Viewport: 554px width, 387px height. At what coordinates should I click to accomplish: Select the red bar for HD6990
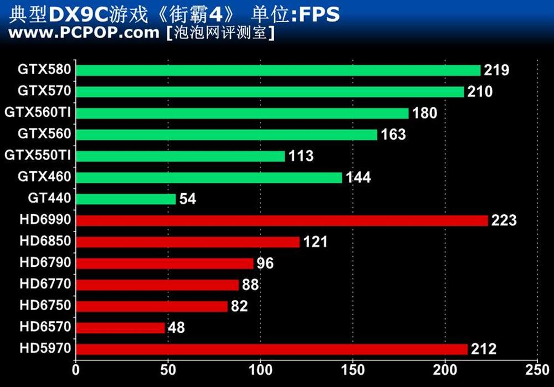[282, 220]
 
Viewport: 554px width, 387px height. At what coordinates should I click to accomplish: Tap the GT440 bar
[126, 199]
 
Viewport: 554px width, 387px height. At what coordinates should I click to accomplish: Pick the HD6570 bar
[120, 328]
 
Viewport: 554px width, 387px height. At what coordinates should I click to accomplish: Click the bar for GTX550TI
[180, 156]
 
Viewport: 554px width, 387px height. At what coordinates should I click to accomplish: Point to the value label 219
[496, 70]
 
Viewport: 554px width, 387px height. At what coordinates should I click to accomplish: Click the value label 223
[504, 220]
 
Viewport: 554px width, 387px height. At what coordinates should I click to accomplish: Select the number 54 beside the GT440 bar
[188, 199]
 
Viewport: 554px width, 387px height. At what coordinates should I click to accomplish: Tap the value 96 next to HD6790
[265, 263]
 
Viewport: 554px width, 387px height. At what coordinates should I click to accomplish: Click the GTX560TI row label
[38, 113]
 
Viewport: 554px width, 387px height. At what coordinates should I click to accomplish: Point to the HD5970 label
[45, 349]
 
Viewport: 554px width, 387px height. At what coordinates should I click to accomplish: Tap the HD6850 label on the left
[45, 241]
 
